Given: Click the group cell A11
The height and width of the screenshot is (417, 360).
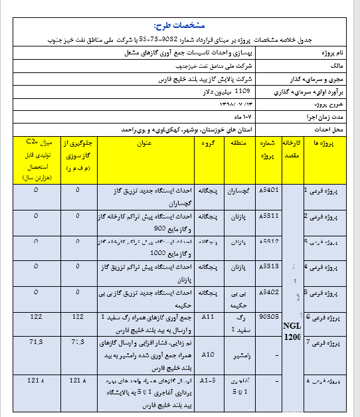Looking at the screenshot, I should pos(207,319).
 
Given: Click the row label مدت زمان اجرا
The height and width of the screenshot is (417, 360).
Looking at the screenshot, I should pos(321,117).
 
